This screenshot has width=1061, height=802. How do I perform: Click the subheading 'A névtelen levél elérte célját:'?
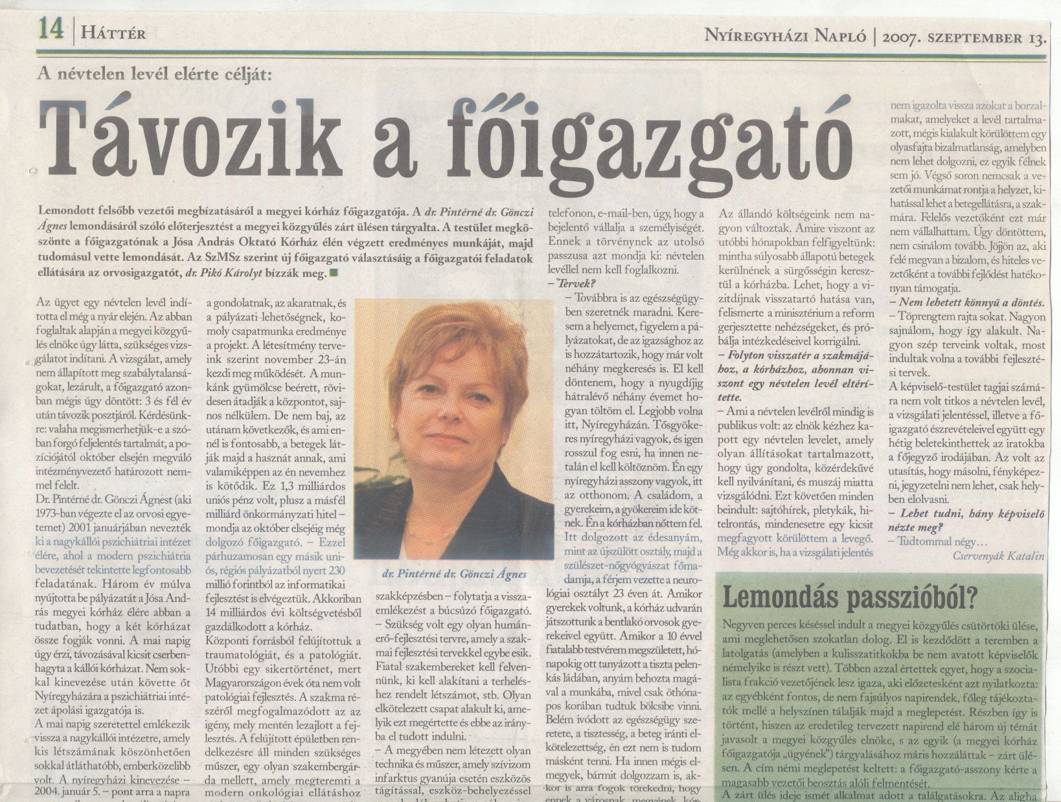(155, 74)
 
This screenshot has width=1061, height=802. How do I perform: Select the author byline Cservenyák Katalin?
(998, 555)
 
